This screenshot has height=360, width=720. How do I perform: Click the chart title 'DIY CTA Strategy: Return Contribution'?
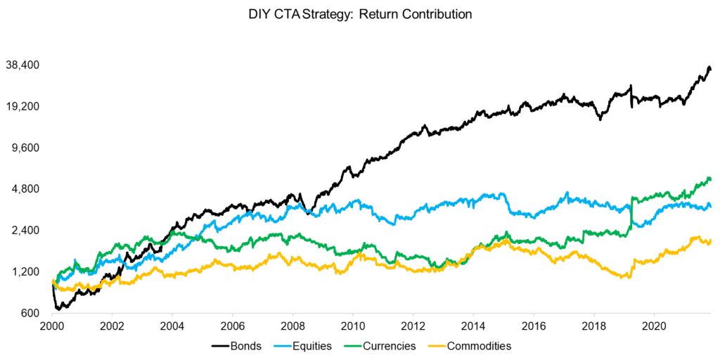(359, 14)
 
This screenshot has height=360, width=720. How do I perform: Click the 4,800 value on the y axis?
(29, 189)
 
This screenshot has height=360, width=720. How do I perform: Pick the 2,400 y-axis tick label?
(29, 231)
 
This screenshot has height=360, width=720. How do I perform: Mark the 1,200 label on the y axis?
(29, 272)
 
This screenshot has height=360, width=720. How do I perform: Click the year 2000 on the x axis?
(52, 328)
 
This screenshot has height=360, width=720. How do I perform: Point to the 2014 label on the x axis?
(473, 328)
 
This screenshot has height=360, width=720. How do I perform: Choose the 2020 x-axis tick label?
(654, 328)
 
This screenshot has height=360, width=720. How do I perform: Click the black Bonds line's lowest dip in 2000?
(58, 309)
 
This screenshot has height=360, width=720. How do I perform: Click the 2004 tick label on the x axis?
(172, 328)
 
